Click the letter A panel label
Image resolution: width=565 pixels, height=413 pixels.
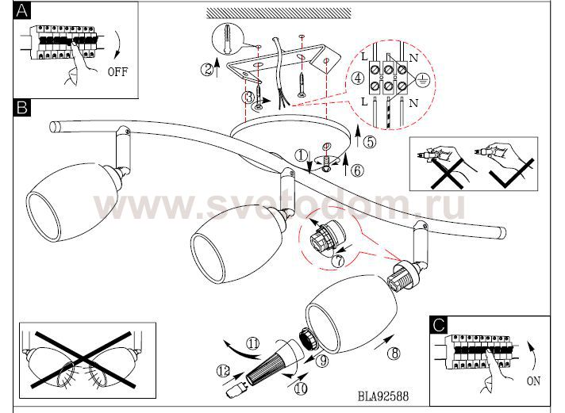pos(22,10)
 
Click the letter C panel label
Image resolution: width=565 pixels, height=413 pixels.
pos(438,324)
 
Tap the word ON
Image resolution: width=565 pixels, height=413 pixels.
pos(533,381)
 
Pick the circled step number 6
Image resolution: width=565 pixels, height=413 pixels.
pos(357,169)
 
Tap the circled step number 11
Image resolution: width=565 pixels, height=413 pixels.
pos(252,344)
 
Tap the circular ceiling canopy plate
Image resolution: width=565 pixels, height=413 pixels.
pos(289,140)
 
